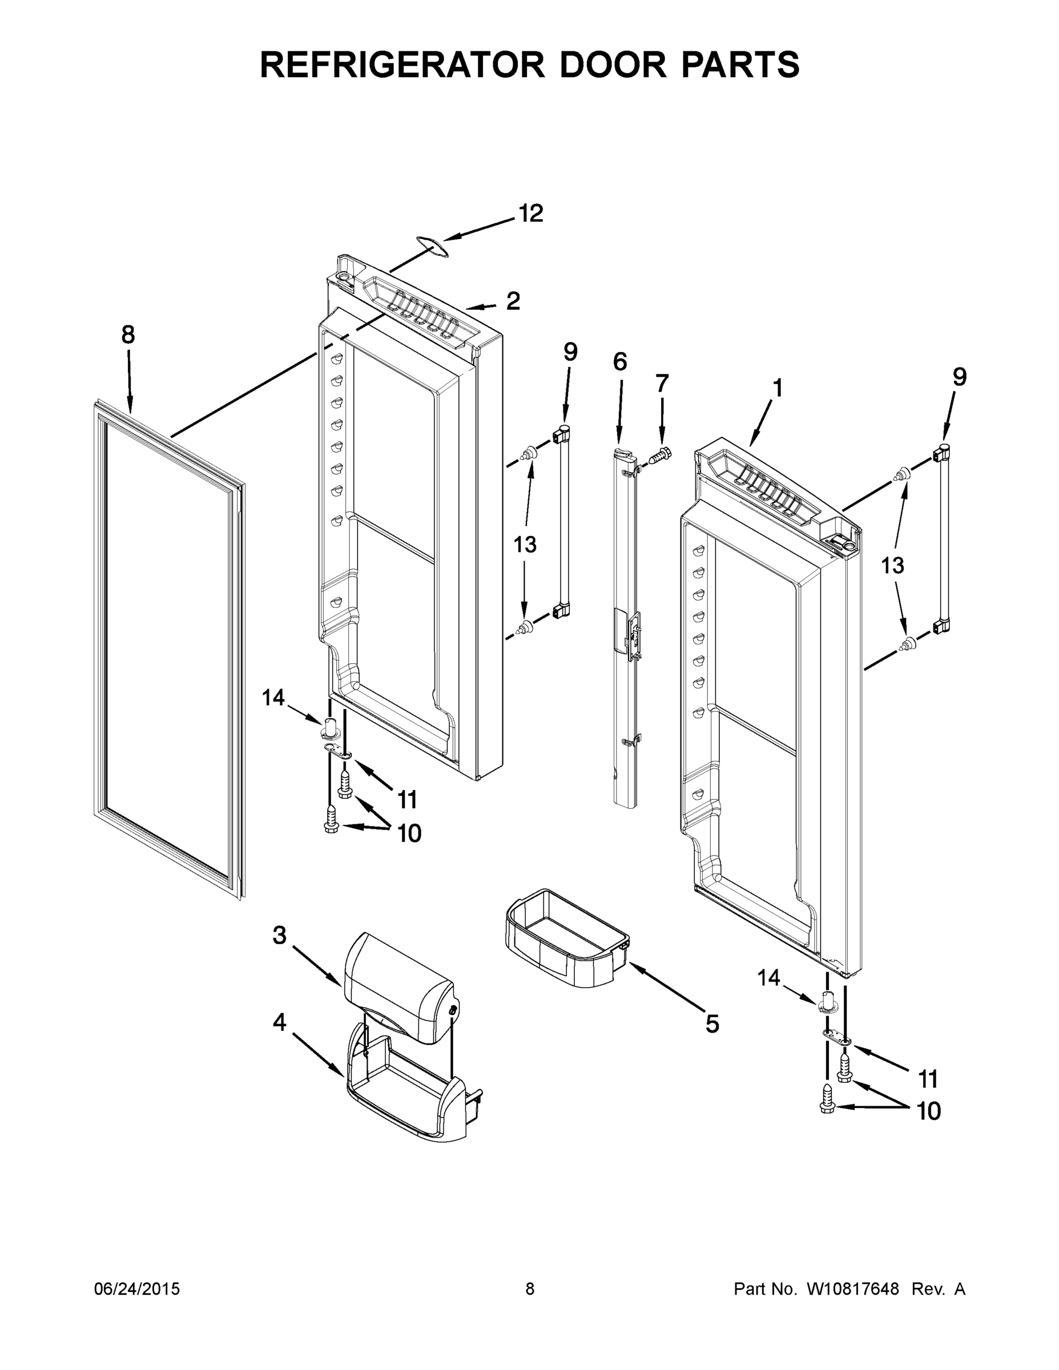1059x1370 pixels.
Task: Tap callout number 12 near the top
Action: coord(530,214)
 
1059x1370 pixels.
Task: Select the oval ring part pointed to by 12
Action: coord(432,247)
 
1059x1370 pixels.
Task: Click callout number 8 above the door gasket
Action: coord(128,336)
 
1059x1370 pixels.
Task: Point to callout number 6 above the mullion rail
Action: coord(620,362)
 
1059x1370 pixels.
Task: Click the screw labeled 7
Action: coord(658,455)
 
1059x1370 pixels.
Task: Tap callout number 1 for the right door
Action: coord(778,389)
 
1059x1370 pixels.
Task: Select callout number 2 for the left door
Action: coord(513,302)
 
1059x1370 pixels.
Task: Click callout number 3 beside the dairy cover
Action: coord(280,953)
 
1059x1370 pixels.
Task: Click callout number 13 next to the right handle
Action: coord(892,566)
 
